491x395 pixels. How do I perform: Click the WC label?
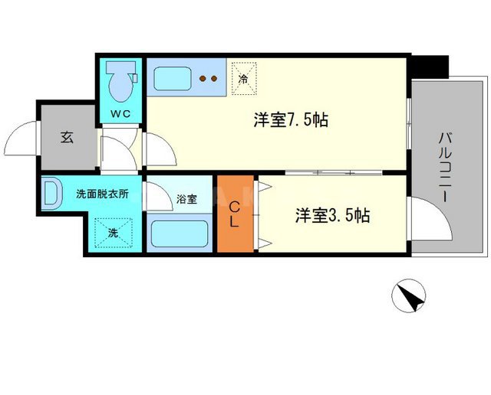120,115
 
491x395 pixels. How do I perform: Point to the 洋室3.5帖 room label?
332,216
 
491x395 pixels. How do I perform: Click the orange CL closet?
237,214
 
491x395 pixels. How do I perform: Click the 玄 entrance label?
67,139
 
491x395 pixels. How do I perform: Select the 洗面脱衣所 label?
101,194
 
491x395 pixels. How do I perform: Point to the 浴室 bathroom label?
186,200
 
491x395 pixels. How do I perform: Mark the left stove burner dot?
203,77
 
